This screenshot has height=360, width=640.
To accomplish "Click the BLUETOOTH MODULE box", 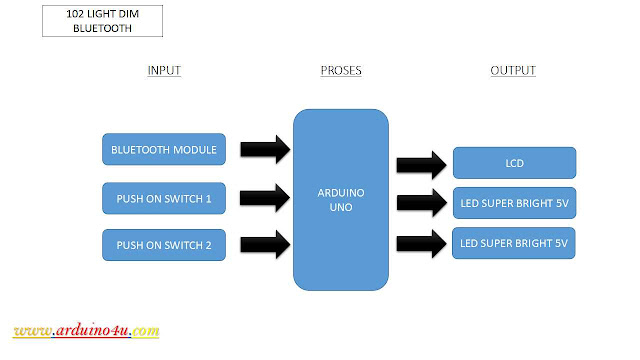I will click(165, 151).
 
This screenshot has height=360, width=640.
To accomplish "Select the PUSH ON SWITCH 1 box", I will click(165, 198).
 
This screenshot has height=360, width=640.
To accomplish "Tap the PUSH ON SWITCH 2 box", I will click(165, 245).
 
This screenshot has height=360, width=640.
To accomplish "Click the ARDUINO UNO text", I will click(340, 198).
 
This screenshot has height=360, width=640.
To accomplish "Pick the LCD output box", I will click(514, 162).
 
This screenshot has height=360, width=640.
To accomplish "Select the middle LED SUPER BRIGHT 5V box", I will click(514, 203).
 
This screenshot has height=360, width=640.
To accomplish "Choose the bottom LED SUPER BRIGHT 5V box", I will click(514, 243).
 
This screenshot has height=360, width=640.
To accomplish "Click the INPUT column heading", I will click(164, 72).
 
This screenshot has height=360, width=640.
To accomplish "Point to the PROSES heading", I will click(341, 72).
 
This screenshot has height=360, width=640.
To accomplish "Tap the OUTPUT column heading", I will click(513, 71).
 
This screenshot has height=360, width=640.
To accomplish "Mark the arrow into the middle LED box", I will click(420, 203).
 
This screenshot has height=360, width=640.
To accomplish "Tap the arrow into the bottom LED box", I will click(420, 243).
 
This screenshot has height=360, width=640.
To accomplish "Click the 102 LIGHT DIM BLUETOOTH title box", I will click(102, 21).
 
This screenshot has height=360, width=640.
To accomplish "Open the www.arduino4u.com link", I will click(87, 331).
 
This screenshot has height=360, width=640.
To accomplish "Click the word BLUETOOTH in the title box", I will click(102, 29).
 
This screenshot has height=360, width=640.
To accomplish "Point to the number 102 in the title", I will click(75, 13).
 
